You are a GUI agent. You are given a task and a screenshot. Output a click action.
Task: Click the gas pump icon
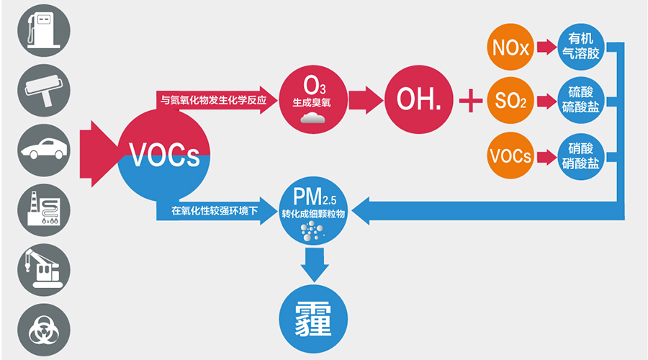tap(44, 30)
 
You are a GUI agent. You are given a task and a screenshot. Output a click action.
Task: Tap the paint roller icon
tap(44, 91)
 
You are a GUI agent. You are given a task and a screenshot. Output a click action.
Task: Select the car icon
tap(44, 150)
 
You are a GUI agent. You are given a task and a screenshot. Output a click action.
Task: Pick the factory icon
tap(44, 210)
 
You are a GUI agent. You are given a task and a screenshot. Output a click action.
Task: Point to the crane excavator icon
tap(44, 270)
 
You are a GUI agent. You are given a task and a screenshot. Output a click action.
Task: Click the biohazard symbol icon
tap(44, 330)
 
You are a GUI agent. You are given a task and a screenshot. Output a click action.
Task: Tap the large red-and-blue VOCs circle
tap(164, 156)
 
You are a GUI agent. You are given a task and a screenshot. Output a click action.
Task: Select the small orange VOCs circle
tap(510, 156)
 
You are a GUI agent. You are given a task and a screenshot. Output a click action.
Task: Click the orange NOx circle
tap(510, 47)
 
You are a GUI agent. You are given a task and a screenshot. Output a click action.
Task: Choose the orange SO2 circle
tap(510, 100)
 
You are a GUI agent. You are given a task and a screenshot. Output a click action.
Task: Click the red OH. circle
tap(418, 99)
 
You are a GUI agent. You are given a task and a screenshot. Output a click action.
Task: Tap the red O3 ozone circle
tap(313, 99)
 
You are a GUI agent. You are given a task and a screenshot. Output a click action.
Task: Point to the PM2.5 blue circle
tap(313, 210)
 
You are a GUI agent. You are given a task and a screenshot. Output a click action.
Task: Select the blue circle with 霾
tap(313, 319)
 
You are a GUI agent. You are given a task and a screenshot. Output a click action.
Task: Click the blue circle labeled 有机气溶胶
tap(580, 47)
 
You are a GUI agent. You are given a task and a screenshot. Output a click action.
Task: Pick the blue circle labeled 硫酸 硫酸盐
tap(580, 100)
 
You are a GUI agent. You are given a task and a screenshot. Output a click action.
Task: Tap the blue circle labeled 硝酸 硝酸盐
tap(580, 156)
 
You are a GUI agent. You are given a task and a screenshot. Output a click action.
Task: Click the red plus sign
tap(471, 100)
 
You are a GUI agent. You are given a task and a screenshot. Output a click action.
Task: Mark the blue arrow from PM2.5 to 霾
tap(315, 265)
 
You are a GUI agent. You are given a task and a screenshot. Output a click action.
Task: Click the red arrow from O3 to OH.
tap(366, 100)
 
